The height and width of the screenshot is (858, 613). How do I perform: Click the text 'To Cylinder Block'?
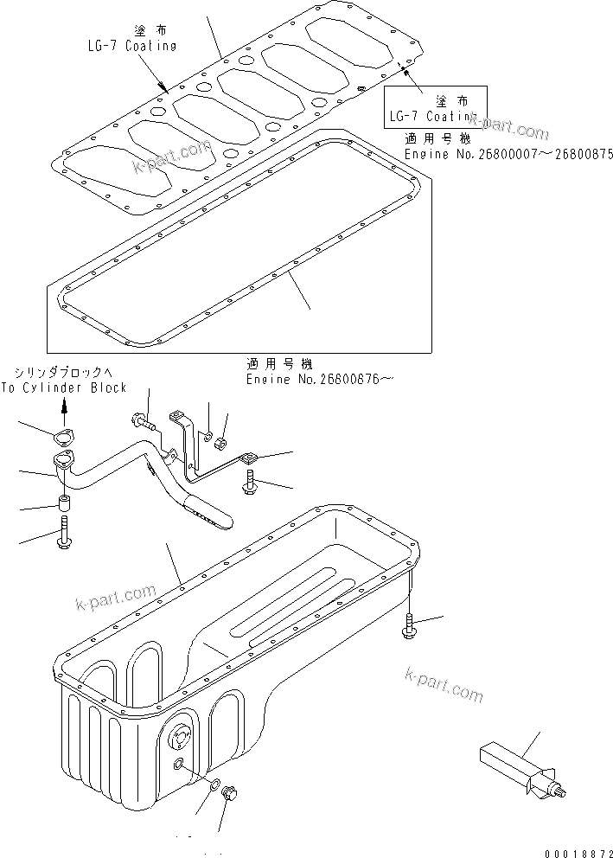64,388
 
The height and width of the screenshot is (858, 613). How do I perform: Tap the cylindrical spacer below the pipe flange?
64,504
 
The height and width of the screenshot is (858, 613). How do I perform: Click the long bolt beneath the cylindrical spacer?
65,531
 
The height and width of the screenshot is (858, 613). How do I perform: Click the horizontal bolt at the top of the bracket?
143,424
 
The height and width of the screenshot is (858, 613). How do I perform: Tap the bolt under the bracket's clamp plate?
250,483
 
